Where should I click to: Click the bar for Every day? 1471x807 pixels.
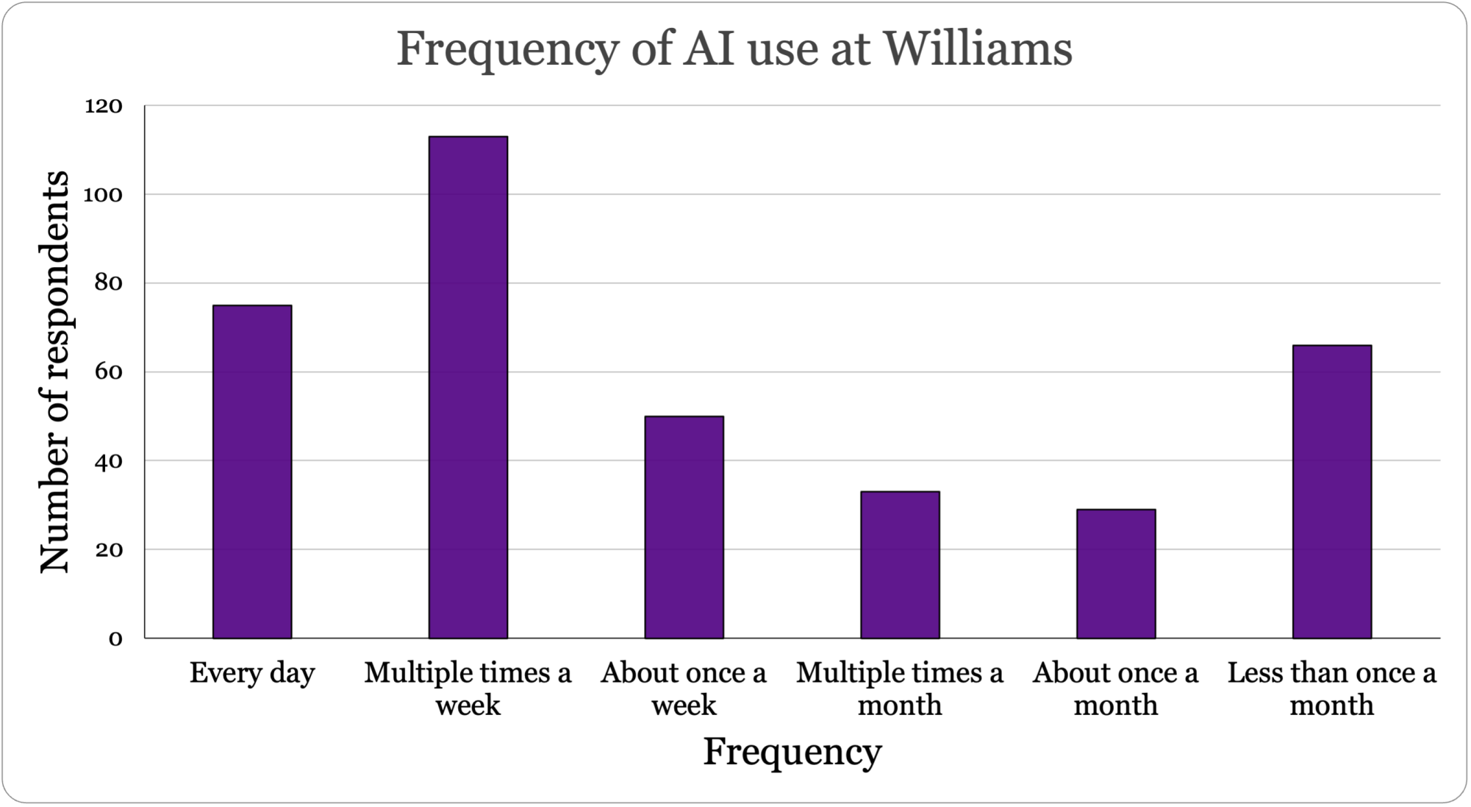tap(252, 472)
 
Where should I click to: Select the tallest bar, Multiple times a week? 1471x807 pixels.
tap(468, 387)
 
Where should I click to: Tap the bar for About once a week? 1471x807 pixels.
tap(684, 527)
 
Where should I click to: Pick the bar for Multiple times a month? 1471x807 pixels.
tap(900, 564)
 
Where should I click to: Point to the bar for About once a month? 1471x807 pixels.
tap(1116, 573)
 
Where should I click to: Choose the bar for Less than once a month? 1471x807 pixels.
tap(1332, 491)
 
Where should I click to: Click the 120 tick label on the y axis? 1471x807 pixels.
tap(104, 107)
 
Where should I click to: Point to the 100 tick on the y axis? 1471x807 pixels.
tap(104, 195)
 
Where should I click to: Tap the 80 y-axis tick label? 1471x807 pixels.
tap(107, 283)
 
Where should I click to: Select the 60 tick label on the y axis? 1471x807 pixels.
tap(107, 372)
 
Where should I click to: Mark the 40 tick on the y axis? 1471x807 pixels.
tap(107, 461)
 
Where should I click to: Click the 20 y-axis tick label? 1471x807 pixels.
tap(107, 550)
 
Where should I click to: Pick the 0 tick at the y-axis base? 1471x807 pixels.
tap(115, 639)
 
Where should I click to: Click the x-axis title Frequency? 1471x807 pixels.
tap(792, 752)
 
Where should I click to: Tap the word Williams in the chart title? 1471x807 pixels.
tap(977, 50)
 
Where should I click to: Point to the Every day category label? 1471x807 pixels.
tap(252, 672)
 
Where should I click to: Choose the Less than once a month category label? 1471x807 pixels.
tap(1331, 689)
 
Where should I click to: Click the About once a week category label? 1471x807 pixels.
tap(684, 689)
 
